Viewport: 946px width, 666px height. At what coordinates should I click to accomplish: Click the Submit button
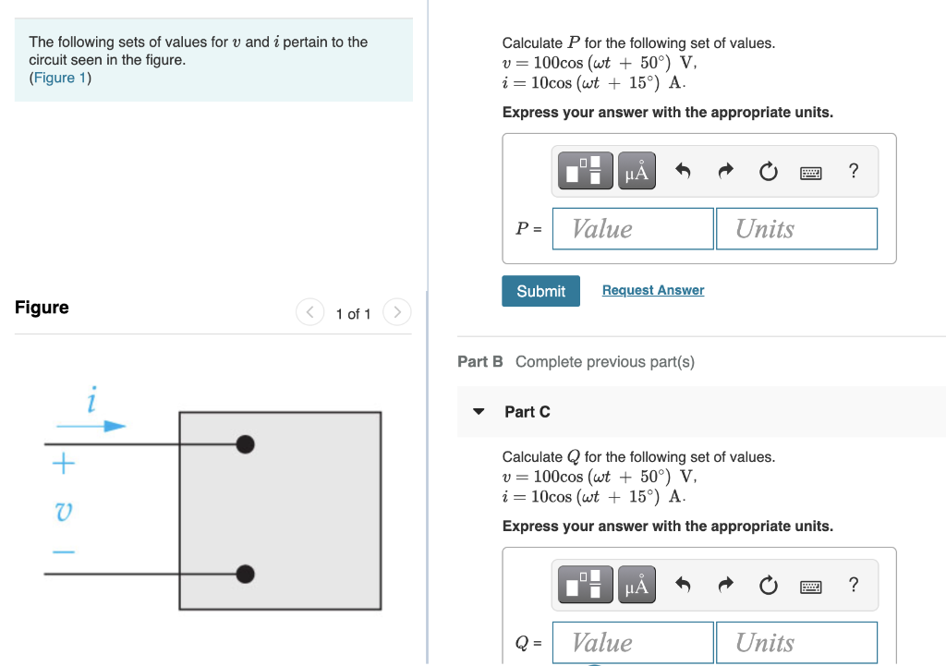[x=540, y=291]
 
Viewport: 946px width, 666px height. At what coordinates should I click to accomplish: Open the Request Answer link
[x=652, y=290]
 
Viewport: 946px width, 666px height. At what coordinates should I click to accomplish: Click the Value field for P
[x=633, y=228]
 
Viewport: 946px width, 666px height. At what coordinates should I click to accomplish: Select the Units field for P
[x=795, y=228]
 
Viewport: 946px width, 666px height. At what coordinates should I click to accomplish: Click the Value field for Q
[x=633, y=642]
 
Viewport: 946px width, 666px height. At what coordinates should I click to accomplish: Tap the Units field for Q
[x=795, y=642]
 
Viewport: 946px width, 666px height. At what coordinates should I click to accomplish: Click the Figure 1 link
[x=60, y=78]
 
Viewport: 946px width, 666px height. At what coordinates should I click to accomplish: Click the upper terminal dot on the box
[x=245, y=444]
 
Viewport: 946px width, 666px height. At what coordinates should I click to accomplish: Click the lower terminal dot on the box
[x=245, y=575]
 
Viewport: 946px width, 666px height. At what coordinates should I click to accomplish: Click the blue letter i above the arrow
[x=91, y=402]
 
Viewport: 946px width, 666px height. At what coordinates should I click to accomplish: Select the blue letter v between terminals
[x=64, y=510]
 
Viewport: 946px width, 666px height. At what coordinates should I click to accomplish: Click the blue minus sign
[x=63, y=552]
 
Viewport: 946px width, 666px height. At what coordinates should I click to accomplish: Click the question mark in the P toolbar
[x=853, y=171]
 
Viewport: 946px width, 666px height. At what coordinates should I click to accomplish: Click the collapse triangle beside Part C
[x=479, y=412]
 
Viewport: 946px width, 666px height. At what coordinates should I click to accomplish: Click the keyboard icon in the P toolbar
[x=810, y=172]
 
